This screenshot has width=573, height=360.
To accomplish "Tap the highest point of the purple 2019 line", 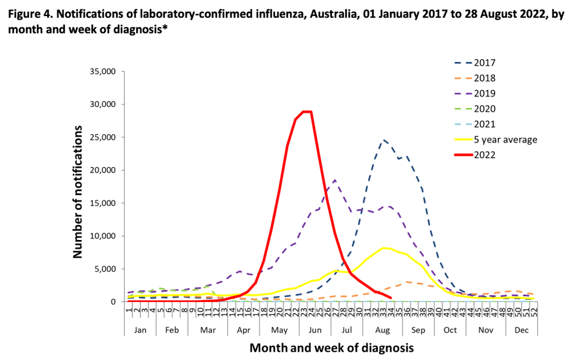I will pos(335,180).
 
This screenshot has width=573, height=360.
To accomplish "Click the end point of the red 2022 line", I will pos(390,297).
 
